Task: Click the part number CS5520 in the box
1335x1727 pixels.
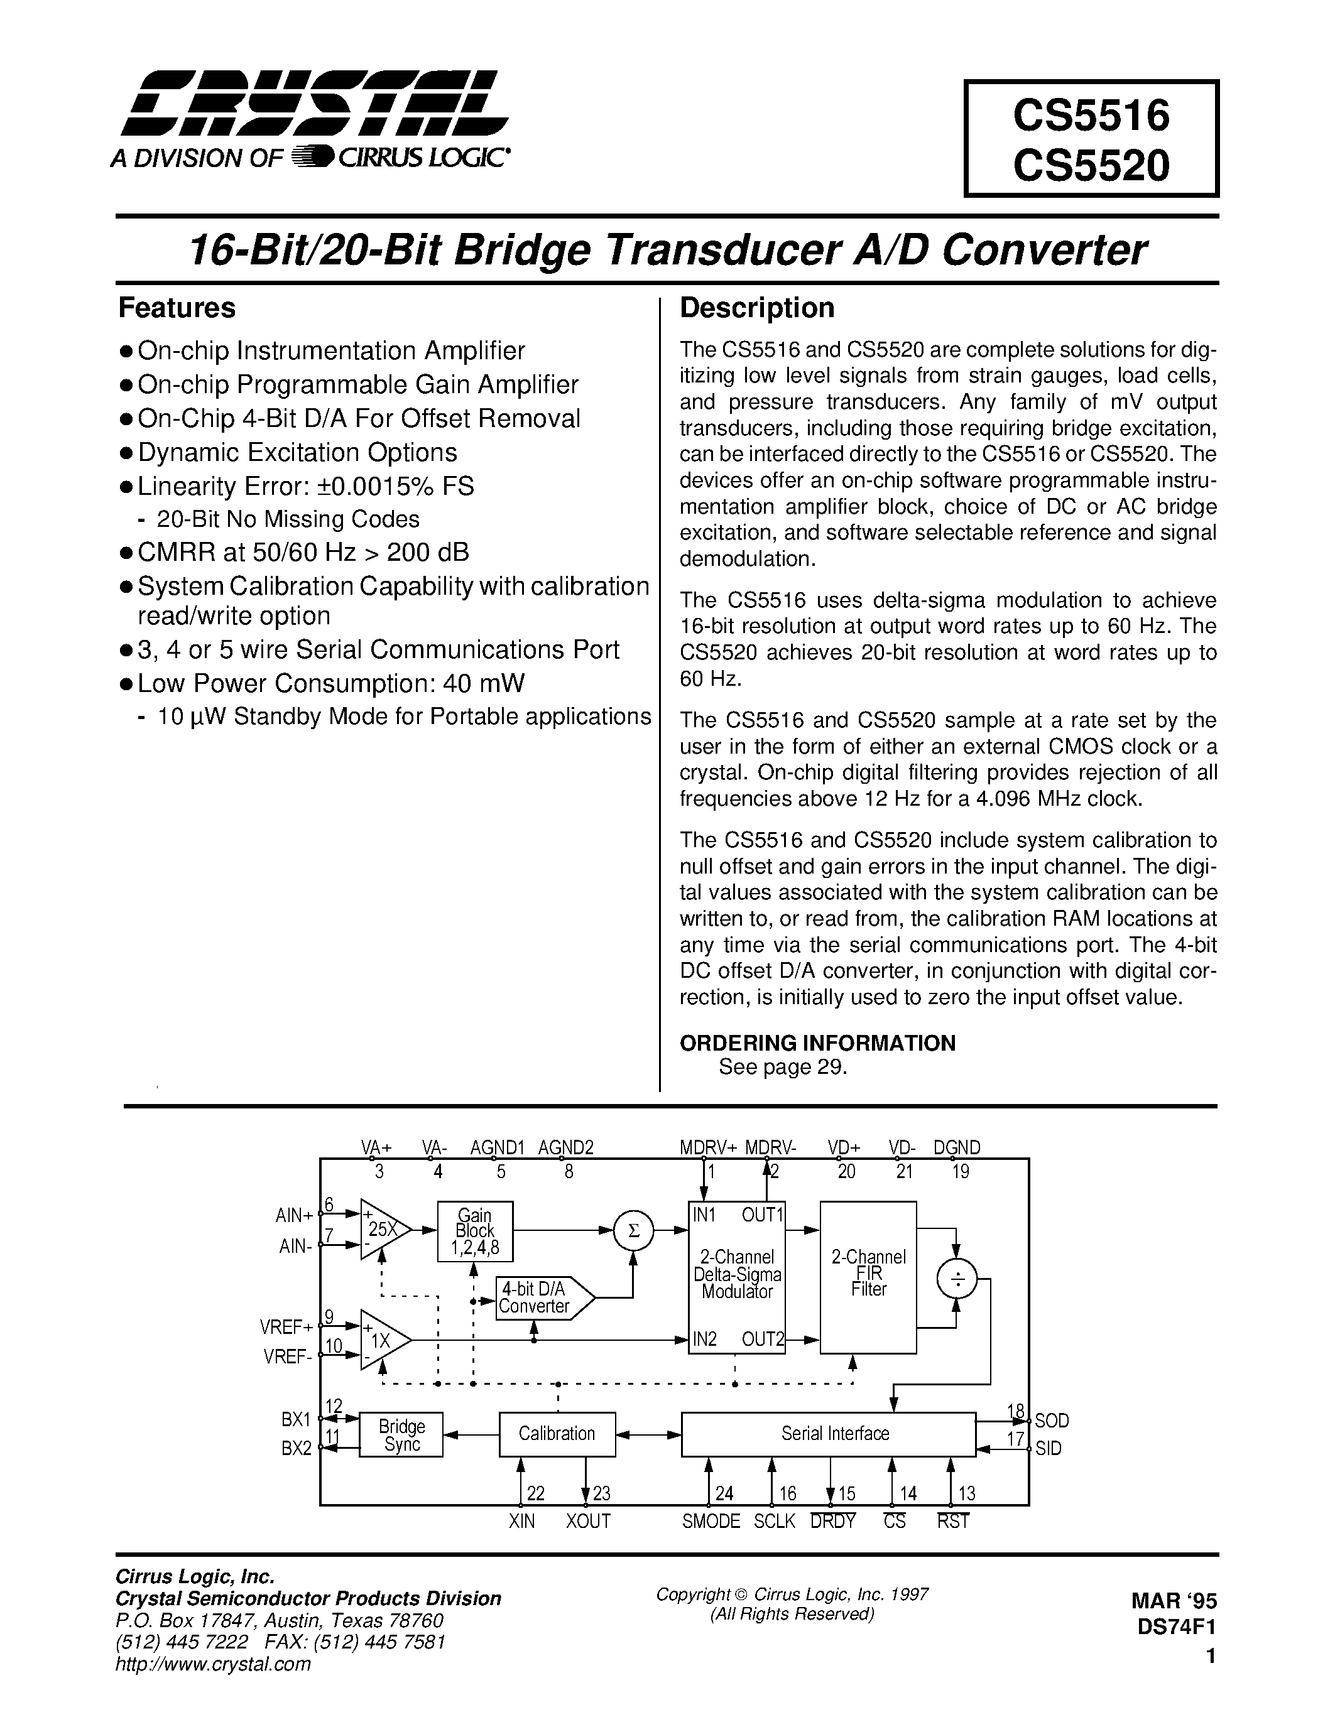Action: [x=1091, y=166]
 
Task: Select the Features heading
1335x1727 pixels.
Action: [x=177, y=308]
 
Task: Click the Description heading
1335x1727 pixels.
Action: [x=757, y=308]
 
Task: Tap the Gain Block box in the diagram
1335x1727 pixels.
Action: [x=474, y=1232]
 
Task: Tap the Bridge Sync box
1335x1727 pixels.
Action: [x=401, y=1434]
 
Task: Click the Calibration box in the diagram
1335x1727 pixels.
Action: [x=557, y=1434]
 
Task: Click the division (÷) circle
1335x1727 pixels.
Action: [x=956, y=1279]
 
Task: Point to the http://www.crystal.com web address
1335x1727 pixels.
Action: [x=213, y=1664]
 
